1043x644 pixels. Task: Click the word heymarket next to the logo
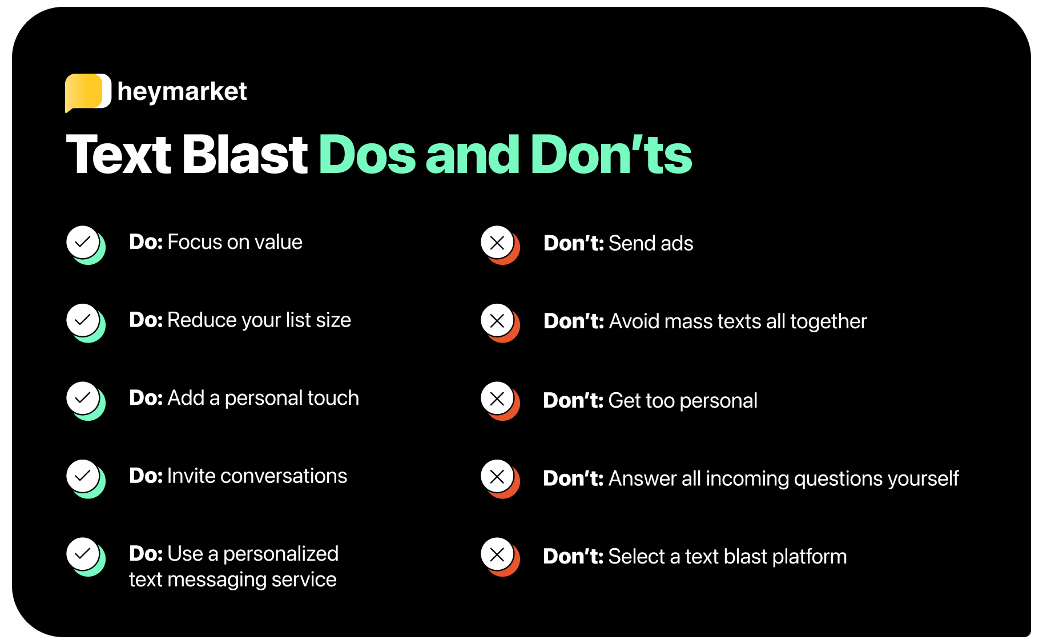click(182, 92)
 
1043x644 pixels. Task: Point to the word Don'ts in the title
click(611, 154)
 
